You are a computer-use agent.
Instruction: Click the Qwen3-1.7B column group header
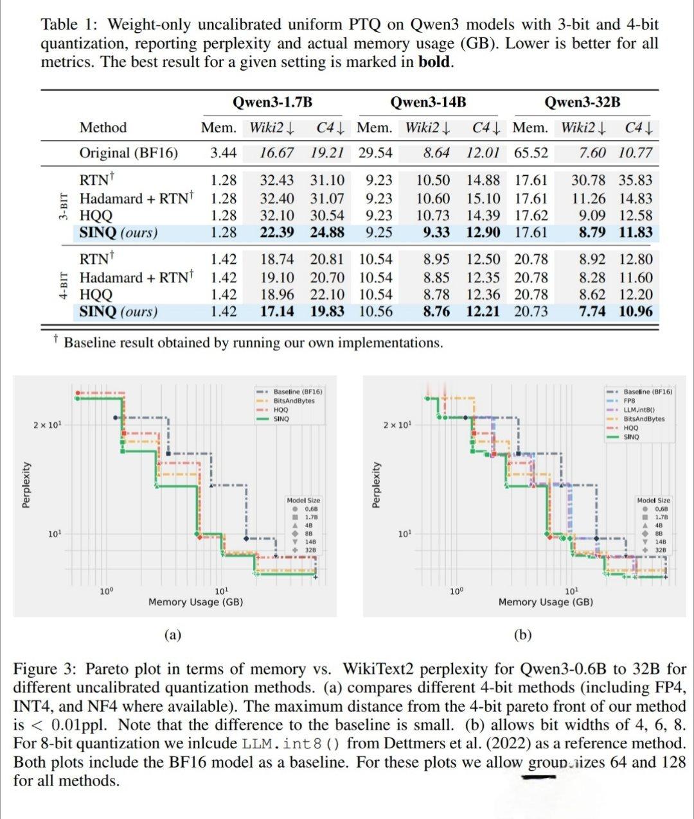272,103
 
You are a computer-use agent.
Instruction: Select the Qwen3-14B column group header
429,103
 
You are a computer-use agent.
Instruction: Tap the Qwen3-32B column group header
582,103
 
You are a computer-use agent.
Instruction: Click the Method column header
103,128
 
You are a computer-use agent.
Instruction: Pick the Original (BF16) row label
129,153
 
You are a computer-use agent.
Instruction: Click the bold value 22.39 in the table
277,232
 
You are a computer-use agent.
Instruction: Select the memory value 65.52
530,153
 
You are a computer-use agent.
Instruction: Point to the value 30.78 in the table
589,180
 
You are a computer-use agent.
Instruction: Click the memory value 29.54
375,153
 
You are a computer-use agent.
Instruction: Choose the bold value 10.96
636,312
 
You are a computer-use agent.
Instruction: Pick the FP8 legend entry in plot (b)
629,401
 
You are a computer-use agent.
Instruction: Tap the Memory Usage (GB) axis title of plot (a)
195,602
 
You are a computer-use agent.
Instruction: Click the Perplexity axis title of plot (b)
376,485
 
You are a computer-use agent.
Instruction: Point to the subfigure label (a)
172,635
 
